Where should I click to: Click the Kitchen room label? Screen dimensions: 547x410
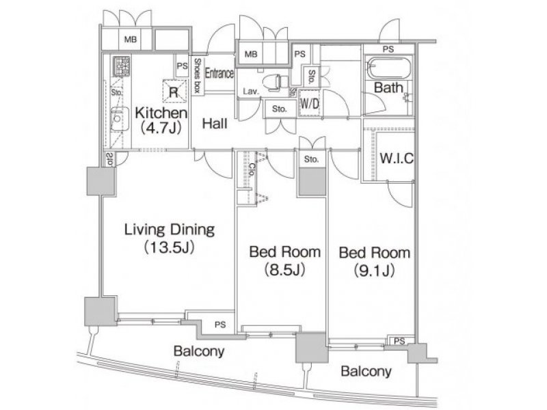[x=161, y=113]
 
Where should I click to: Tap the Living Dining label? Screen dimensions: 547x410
[x=170, y=230]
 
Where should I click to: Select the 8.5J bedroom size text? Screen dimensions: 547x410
[x=284, y=269]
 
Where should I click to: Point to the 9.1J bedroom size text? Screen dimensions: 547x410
[x=374, y=270]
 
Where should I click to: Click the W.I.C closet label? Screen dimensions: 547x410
[x=397, y=159]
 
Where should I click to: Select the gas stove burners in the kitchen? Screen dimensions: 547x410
[x=122, y=66]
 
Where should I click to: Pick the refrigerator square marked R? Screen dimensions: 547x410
[x=174, y=92]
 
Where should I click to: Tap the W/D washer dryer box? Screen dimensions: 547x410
[x=310, y=104]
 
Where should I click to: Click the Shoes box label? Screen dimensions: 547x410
[x=197, y=75]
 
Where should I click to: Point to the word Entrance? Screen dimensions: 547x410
[x=219, y=74]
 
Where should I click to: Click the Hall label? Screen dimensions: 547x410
[x=215, y=124]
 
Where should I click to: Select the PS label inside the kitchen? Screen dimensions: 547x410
[x=182, y=66]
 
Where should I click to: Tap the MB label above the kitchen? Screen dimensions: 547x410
[x=131, y=40]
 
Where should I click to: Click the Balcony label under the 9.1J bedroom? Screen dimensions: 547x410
[x=366, y=371]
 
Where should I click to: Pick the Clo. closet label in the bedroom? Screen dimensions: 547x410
[x=252, y=172]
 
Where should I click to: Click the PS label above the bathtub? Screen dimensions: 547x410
[x=388, y=49]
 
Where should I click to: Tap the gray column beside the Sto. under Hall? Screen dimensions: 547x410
[x=312, y=182]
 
